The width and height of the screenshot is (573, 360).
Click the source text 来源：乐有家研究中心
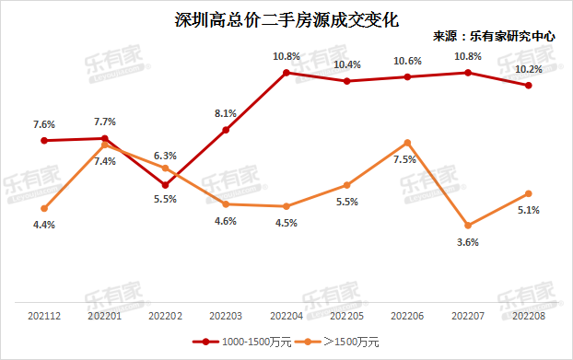click(x=494, y=37)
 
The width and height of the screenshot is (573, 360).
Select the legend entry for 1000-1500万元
click(x=242, y=342)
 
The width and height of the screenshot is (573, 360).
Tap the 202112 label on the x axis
click(x=43, y=316)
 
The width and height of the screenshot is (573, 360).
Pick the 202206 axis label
click(x=407, y=316)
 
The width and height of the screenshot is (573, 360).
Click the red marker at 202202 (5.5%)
click(x=165, y=185)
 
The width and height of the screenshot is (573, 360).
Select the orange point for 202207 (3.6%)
click(x=468, y=226)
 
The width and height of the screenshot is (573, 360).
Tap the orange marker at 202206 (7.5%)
click(x=407, y=143)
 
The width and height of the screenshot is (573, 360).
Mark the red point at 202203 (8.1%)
click(x=226, y=130)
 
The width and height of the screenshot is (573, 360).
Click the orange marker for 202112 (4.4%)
click(x=44, y=208)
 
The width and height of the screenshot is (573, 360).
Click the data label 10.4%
click(x=347, y=64)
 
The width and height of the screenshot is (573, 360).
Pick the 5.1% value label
click(x=529, y=210)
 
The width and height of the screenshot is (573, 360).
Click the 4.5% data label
click(x=286, y=222)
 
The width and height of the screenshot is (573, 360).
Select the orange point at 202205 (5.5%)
click(x=346, y=185)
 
